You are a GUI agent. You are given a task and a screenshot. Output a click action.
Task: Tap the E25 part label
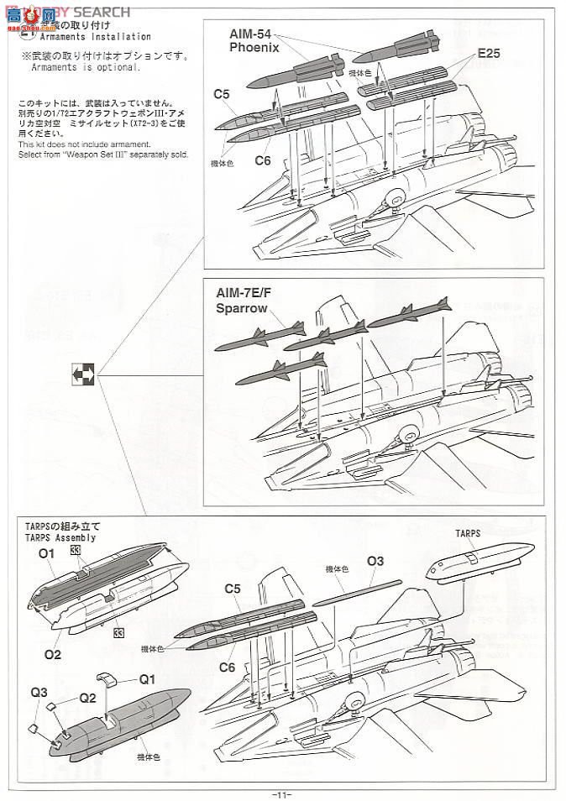(489, 54)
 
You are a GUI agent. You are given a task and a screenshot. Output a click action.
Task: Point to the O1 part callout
(46, 553)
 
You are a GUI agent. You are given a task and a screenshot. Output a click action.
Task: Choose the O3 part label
(375, 561)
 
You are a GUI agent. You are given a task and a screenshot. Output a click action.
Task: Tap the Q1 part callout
(148, 679)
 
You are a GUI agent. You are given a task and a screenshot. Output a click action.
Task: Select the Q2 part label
(89, 697)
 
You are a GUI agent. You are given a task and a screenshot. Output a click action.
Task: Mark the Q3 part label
(39, 693)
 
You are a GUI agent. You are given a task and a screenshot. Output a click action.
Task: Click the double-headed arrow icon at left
(83, 372)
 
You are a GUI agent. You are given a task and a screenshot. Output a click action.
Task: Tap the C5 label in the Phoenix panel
(222, 94)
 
